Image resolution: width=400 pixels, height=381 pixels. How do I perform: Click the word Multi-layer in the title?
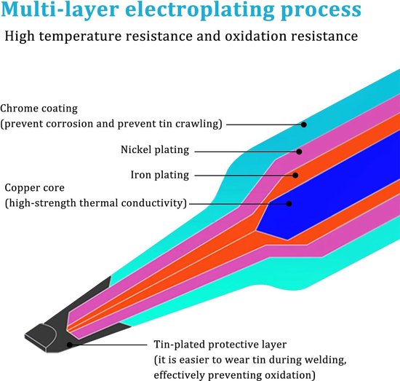coord(60,10)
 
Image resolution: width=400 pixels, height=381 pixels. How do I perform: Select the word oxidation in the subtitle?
coord(256,36)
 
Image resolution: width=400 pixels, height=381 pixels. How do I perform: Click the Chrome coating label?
coord(39,109)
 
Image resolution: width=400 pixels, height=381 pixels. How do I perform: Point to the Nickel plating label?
coord(155,150)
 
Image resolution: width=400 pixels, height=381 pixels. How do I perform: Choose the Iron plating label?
coord(160,175)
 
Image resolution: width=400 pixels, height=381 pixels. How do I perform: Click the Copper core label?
coord(34,188)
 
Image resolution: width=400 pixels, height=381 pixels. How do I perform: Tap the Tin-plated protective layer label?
coord(220,345)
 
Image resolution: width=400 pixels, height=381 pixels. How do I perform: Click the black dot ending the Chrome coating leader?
coord(303,125)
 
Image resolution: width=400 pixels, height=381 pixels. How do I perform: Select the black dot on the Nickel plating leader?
coord(299,152)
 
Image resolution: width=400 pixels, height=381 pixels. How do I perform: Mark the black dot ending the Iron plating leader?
coord(295,176)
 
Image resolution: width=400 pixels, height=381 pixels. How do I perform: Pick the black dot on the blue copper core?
coord(289,204)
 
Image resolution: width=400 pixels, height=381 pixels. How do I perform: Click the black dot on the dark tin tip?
coord(69,345)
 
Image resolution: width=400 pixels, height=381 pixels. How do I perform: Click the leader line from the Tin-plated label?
coord(110,345)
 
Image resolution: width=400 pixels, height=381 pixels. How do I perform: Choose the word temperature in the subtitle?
coord(80,36)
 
